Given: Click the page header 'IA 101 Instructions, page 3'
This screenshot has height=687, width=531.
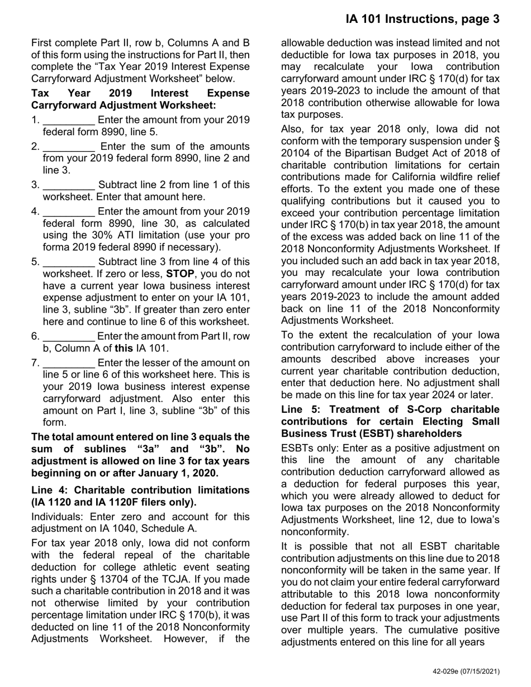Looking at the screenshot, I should pos(422,19).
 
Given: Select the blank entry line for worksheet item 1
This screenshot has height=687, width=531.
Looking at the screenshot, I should pos(69,121).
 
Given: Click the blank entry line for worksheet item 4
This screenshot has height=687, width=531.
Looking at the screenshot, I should pos(69,212).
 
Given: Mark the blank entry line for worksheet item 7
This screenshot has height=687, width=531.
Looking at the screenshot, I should pos(69,364).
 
